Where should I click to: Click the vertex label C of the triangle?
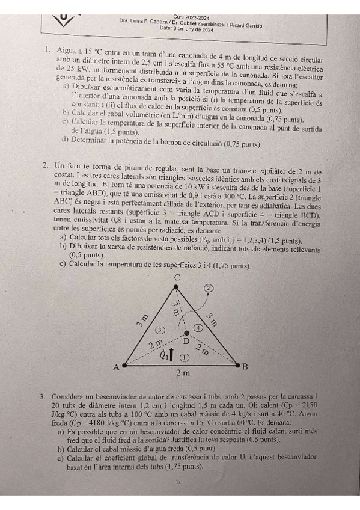tap(177, 277)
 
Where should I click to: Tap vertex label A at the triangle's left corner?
tap(116, 367)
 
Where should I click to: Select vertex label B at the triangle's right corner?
tap(245, 366)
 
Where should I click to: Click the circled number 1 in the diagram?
tap(185, 357)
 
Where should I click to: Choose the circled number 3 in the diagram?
tap(160, 330)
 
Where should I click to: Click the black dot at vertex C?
tap(176, 287)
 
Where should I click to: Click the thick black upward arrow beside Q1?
tap(172, 354)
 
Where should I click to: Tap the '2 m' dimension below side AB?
tap(183, 373)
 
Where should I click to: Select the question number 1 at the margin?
tap(46, 50)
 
